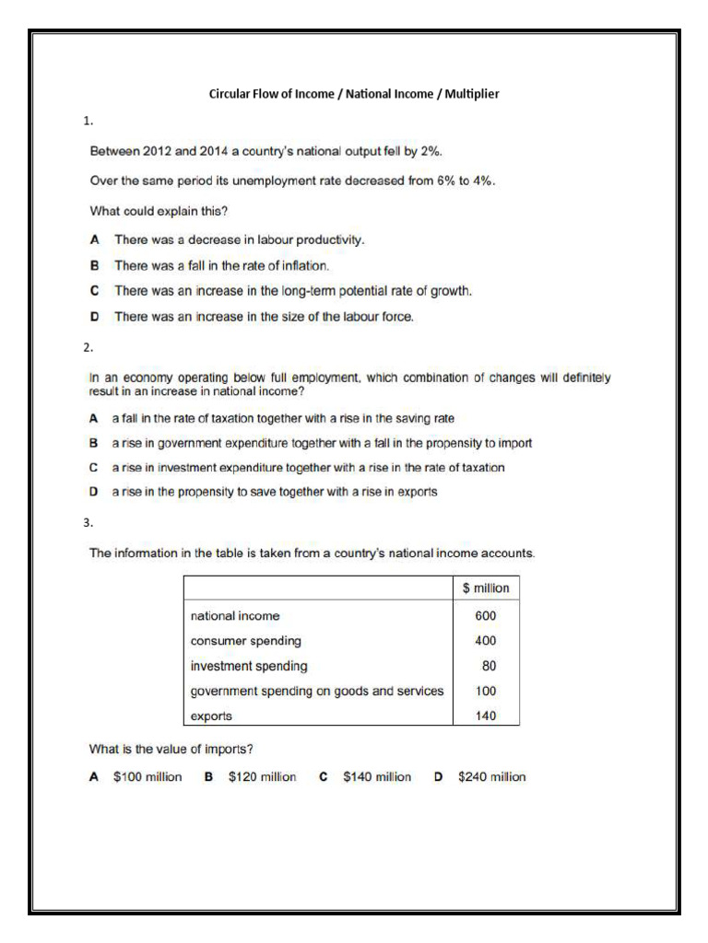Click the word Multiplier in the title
472,94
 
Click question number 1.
87,121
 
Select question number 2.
87,348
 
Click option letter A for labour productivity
95,239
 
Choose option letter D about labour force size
95,317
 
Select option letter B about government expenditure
94,443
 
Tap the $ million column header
486,588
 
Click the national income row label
235,615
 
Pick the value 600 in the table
485,615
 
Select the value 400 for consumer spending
485,640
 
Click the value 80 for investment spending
489,665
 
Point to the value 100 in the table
485,691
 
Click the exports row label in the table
211,716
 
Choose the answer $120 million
262,776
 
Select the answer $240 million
491,776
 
